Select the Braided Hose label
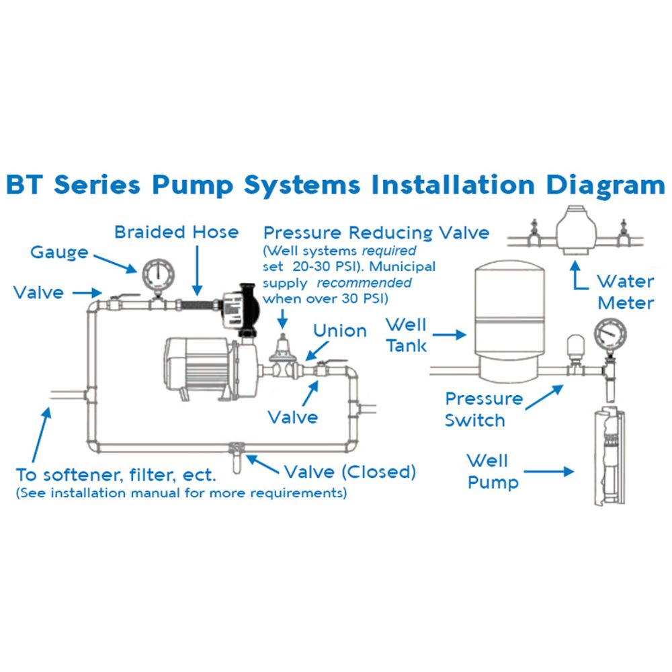tap(176, 233)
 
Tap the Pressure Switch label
tap(483, 409)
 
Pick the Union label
tap(340, 331)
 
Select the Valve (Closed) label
tap(349, 471)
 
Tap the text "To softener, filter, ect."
tap(116, 475)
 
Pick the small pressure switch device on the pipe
tap(575, 351)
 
